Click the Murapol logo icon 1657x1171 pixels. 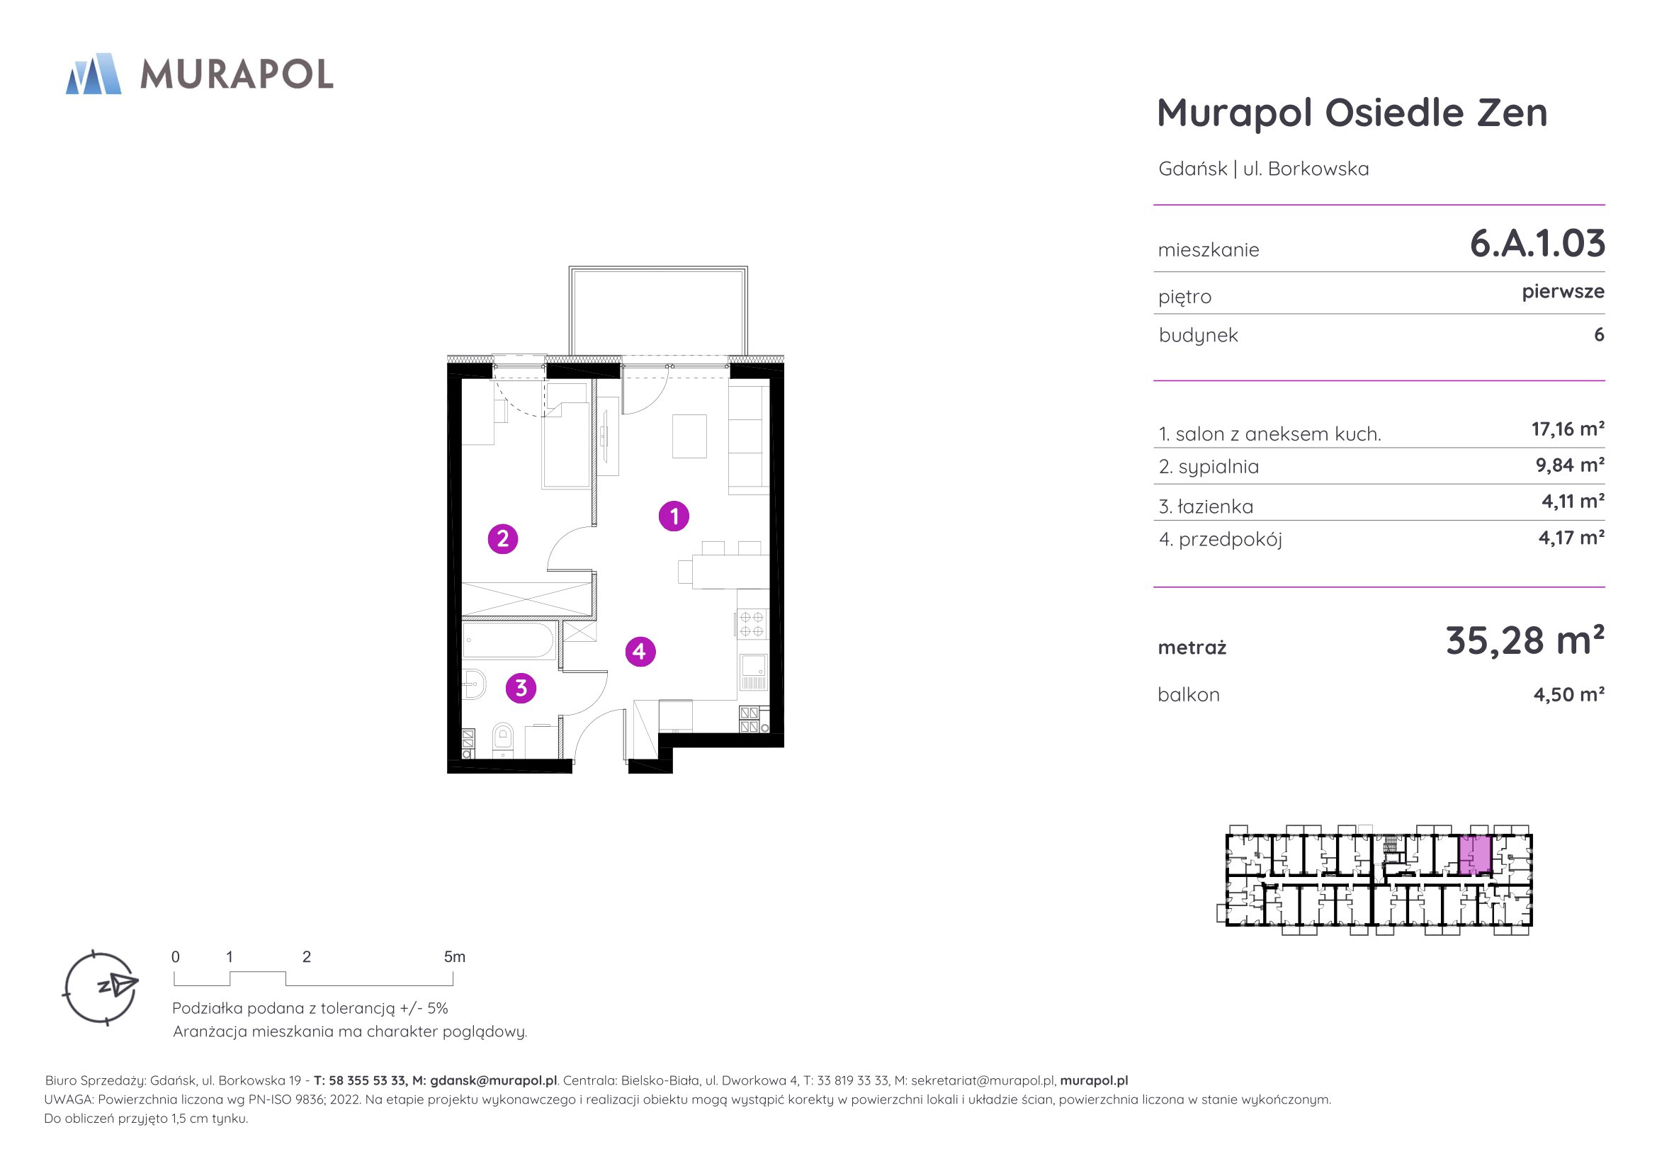click(93, 74)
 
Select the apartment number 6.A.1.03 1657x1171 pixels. click(1537, 243)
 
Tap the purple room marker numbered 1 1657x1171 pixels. click(674, 516)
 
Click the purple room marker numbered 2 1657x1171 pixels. click(503, 538)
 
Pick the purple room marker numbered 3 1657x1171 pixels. click(521, 689)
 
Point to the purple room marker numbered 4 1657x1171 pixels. click(640, 652)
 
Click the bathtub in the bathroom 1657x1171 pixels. click(508, 640)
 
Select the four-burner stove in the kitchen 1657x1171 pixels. click(753, 624)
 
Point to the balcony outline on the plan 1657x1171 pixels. click(658, 312)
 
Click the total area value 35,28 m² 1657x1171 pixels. click(1525, 640)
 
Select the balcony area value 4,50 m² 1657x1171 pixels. click(1569, 694)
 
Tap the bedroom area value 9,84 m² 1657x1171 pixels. click(1570, 465)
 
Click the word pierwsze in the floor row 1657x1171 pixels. click(1563, 292)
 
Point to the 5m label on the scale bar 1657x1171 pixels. click(455, 957)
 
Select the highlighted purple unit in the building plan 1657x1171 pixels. click(1475, 855)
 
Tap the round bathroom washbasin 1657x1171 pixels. click(474, 684)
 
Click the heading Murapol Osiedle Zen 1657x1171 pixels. click(1352, 113)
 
